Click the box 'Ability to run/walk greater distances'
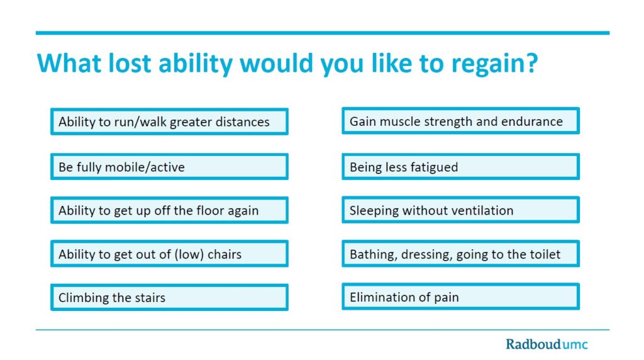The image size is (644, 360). coord(169,121)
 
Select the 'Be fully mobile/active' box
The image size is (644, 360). coord(169,166)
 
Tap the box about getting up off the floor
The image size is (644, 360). coord(169,210)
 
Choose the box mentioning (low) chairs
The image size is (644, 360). coord(169,254)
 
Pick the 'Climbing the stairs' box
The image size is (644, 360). coord(169,297)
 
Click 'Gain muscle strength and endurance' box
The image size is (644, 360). coord(460,121)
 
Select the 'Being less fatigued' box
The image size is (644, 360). coord(460,166)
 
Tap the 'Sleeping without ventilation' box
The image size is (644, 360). coord(460,210)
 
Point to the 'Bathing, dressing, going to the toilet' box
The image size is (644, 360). coord(460,254)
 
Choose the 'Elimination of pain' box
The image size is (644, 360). coord(460,296)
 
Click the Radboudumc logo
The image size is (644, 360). coord(547,344)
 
